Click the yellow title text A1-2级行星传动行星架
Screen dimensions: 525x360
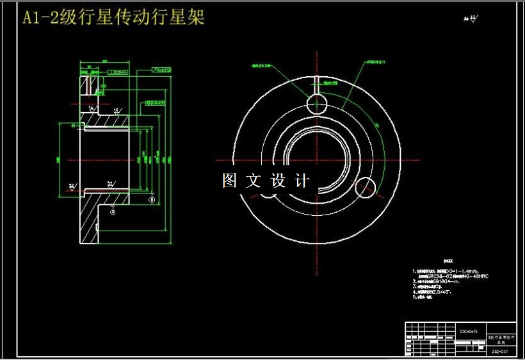click(x=113, y=18)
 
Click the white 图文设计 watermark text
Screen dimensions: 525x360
click(x=266, y=181)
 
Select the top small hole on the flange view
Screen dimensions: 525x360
click(x=317, y=103)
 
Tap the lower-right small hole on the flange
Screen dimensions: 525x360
click(x=366, y=186)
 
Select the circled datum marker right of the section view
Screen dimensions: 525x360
click(x=152, y=200)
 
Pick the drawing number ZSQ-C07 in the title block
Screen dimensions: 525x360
click(x=501, y=351)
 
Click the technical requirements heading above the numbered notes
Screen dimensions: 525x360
click(x=448, y=261)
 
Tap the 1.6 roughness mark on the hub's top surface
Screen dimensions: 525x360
click(x=117, y=110)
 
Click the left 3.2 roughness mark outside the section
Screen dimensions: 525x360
click(x=72, y=186)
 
